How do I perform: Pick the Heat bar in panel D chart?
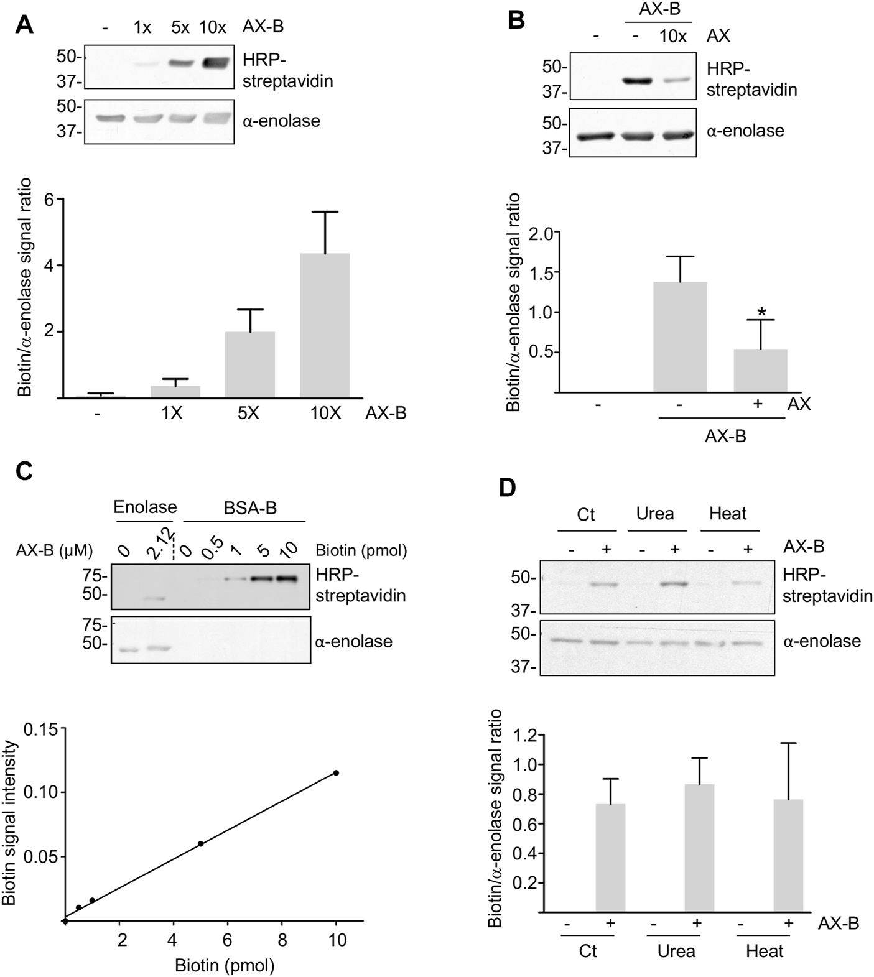pyautogui.click(x=788, y=855)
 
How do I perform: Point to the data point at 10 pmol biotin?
pyautogui.click(x=336, y=773)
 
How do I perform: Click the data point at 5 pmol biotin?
pyautogui.click(x=200, y=844)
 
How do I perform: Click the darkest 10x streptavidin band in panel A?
pyautogui.click(x=213, y=63)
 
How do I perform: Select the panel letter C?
pyautogui.click(x=23, y=471)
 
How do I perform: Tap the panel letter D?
pyautogui.click(x=508, y=488)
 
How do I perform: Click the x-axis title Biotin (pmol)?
pyautogui.click(x=225, y=966)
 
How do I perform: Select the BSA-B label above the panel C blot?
pyautogui.click(x=250, y=508)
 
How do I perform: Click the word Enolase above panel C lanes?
pyautogui.click(x=144, y=507)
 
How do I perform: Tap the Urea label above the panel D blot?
pyautogui.click(x=655, y=514)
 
